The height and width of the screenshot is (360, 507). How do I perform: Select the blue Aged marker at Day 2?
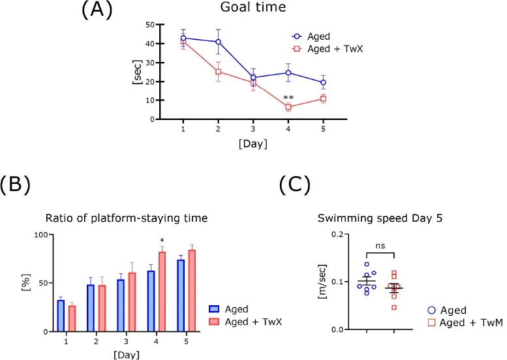point(218,42)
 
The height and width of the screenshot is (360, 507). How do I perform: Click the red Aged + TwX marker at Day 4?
point(288,107)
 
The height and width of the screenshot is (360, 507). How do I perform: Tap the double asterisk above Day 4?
point(288,98)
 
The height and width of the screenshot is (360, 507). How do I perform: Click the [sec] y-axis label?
point(138,72)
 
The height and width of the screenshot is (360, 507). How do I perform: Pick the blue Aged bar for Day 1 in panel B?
point(61,316)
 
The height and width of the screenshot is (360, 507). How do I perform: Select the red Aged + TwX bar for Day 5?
point(192,290)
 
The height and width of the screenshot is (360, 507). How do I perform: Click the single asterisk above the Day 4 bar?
point(162,240)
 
